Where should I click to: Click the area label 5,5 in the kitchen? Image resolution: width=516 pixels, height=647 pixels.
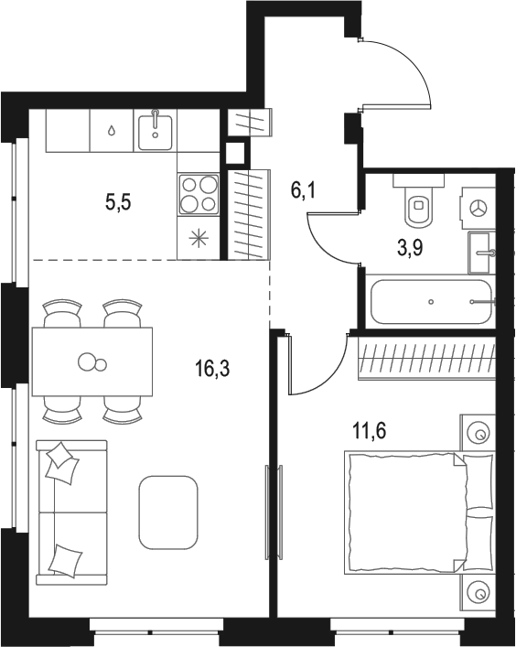(x=118, y=202)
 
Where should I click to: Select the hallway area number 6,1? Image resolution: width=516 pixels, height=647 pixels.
(x=303, y=190)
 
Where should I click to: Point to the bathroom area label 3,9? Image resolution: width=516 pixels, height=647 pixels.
(x=411, y=248)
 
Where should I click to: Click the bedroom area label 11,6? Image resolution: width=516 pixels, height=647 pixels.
(x=370, y=431)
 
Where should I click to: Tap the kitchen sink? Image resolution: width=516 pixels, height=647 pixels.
(x=156, y=132)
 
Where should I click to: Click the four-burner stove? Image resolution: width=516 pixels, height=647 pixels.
(x=199, y=194)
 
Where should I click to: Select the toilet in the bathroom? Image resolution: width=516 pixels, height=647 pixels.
(x=419, y=200)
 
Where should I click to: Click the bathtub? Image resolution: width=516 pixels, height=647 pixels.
(x=432, y=302)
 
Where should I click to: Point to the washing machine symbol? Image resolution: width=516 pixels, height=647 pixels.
(x=478, y=208)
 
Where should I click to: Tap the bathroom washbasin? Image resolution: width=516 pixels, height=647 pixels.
(x=482, y=253)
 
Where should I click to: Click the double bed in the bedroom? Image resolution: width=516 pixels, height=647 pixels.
(x=420, y=512)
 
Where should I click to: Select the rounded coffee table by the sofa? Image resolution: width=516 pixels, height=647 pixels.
(x=168, y=512)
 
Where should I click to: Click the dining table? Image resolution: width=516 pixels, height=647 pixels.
(x=92, y=361)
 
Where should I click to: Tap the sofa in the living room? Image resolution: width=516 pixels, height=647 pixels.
(x=71, y=512)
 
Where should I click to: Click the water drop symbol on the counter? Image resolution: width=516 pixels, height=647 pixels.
(x=112, y=131)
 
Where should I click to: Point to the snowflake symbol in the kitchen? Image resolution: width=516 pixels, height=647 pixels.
(x=199, y=240)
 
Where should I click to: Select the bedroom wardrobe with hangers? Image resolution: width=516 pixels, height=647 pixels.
(x=426, y=358)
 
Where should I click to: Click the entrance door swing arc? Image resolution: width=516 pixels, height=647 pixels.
(x=414, y=61)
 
